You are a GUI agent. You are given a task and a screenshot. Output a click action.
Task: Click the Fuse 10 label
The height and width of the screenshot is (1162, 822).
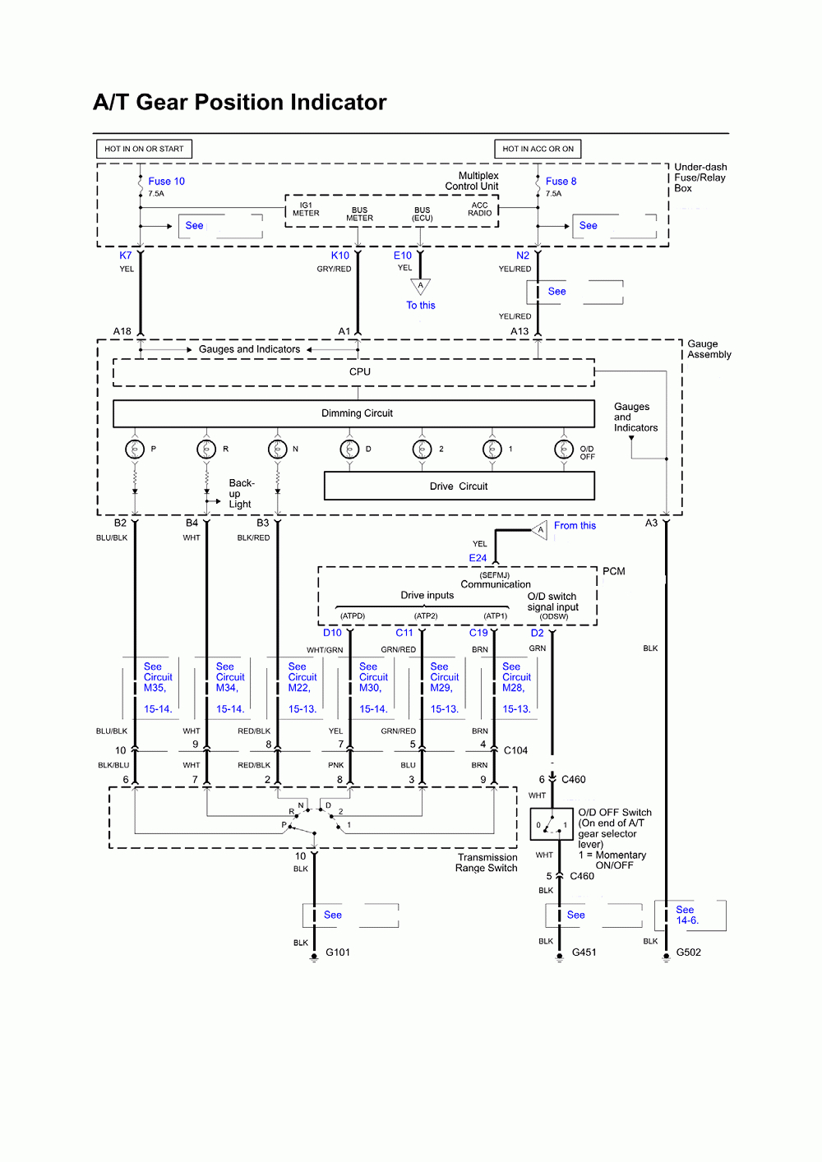pos(166,181)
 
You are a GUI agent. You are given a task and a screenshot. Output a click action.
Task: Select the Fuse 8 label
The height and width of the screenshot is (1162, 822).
pos(561,181)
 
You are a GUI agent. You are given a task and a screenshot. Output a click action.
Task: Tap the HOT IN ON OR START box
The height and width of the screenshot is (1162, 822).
pos(144,149)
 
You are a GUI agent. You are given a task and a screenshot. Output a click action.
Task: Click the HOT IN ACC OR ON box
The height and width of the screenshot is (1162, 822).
pos(538,149)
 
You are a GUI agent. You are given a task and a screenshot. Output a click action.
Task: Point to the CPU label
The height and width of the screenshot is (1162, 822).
pos(360,372)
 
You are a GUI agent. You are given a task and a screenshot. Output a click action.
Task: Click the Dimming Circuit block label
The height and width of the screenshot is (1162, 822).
pos(357,413)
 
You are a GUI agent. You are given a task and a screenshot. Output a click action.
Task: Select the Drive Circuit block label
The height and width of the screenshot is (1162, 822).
pos(459,486)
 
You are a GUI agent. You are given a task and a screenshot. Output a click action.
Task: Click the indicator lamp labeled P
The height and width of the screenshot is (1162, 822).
pos(135,449)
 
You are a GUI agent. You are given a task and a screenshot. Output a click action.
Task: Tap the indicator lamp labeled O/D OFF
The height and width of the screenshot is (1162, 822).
pos(564,450)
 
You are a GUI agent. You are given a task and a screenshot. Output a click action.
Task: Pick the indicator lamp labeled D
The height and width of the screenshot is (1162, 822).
pos(349,450)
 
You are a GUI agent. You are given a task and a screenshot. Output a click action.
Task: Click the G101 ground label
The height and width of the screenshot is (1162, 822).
pos(337,952)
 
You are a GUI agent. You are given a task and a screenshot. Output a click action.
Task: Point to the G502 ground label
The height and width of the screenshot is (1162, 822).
pos(689,952)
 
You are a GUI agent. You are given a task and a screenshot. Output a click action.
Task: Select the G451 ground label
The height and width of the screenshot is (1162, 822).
pos(584,952)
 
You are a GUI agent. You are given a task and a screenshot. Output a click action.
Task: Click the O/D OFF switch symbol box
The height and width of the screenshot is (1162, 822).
pos(551,823)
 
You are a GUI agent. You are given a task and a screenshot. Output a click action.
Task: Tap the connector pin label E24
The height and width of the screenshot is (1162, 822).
pos(478,558)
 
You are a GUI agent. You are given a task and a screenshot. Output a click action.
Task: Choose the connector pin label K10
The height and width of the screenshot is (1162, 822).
pos(340,256)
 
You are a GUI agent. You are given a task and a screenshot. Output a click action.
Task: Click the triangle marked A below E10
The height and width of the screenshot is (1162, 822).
pos(420,286)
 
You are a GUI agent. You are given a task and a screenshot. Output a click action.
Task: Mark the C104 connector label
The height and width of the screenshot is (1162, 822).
pos(516,750)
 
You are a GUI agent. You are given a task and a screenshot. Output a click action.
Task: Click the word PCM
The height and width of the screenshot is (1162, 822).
pos(614,571)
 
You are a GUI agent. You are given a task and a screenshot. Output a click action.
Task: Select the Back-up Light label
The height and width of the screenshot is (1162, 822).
pos(242,493)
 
